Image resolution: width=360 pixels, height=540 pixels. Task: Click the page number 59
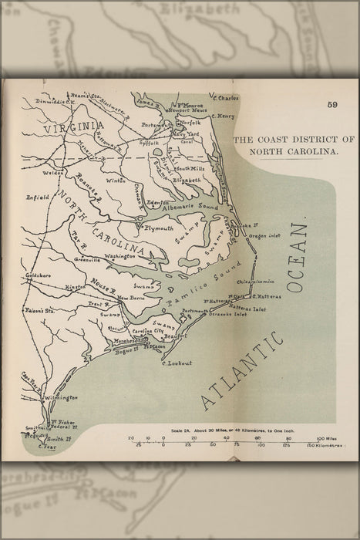coord(332,106)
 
